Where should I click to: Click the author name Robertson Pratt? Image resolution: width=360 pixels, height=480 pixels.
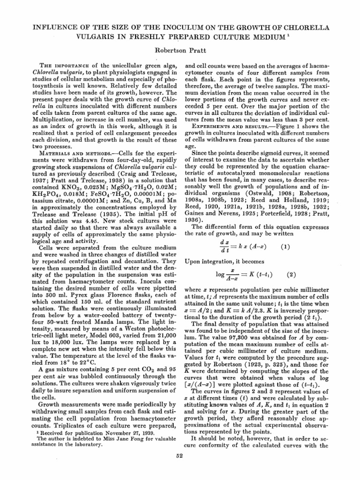point(180,47)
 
